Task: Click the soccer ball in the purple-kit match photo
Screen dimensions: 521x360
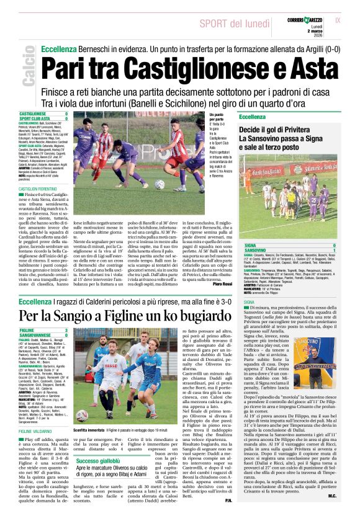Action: tap(160, 185)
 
